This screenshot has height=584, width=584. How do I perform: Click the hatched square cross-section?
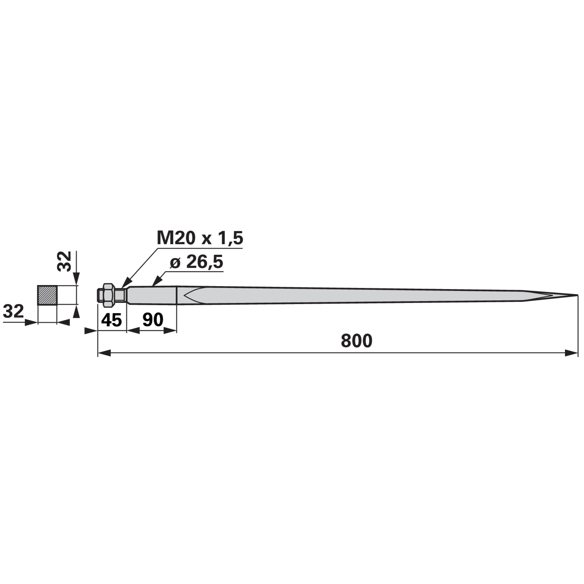(x=47, y=295)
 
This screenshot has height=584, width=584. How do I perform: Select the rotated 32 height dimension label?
(x=64, y=261)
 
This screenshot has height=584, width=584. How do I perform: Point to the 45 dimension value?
(x=111, y=320)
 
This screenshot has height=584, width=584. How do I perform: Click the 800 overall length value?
(x=357, y=341)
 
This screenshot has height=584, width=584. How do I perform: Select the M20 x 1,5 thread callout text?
(x=200, y=238)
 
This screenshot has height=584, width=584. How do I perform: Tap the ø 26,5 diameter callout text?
(x=196, y=262)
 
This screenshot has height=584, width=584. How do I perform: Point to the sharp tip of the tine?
(x=577, y=295)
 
